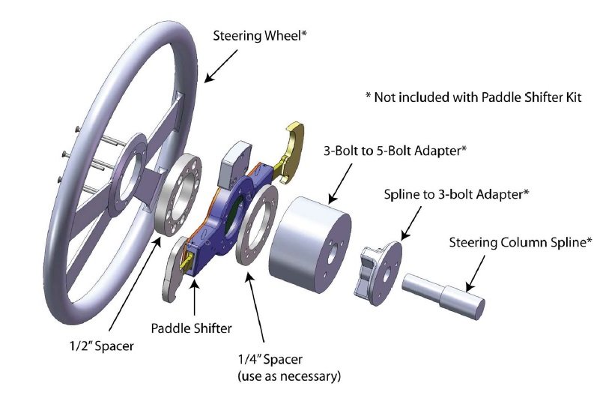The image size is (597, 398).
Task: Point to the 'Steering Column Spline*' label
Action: tap(521, 242)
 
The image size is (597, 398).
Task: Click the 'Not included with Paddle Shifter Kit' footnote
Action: tap(473, 97)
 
